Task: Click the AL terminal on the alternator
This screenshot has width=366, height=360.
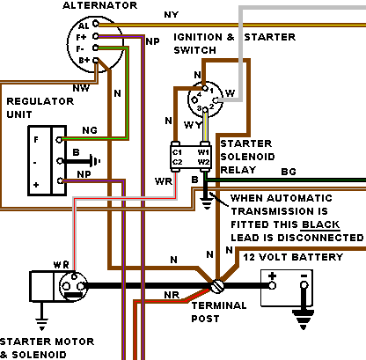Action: [x=96, y=23]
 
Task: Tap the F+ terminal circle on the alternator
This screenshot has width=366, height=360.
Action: [x=96, y=36]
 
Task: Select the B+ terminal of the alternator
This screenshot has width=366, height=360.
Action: [x=96, y=61]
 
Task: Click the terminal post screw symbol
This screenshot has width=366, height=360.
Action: [x=217, y=286]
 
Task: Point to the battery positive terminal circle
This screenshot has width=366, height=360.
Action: [x=273, y=285]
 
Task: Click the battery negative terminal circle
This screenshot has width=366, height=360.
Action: [x=304, y=285]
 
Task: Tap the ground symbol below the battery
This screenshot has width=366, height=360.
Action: [x=304, y=320]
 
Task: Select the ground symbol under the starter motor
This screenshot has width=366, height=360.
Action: [x=41, y=324]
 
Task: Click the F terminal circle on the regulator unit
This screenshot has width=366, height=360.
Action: [x=59, y=140]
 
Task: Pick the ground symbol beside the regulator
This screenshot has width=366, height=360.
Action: [x=96, y=161]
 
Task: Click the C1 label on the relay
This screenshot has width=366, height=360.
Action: [x=177, y=152]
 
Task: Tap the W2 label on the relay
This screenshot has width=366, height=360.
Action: [x=203, y=162]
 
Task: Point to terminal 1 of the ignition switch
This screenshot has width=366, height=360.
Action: [x=205, y=88]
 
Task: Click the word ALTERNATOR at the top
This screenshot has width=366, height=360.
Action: [x=99, y=5]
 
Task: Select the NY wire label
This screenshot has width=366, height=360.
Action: [x=172, y=15]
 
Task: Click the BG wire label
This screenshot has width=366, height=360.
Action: [x=289, y=172]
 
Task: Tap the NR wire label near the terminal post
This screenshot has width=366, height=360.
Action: [x=172, y=295]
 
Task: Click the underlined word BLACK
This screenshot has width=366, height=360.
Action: [x=320, y=224]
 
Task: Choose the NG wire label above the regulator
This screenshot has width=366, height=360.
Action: [x=90, y=130]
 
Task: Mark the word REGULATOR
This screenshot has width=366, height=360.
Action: [x=40, y=101]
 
